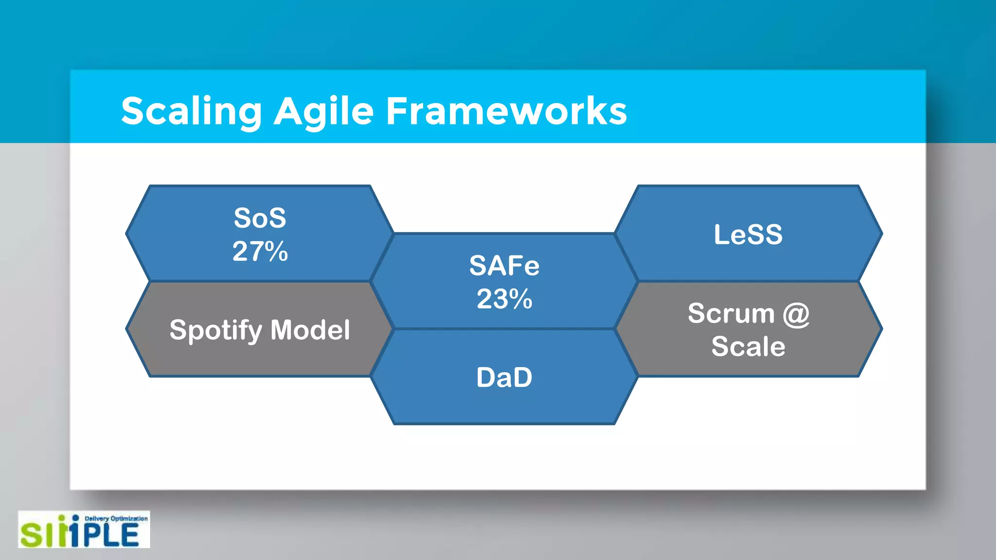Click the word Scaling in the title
point(191,111)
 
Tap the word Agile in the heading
point(323,111)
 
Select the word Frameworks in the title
point(506,111)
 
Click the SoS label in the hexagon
point(260,218)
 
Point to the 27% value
point(260,251)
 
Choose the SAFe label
point(504,266)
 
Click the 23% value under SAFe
point(504,299)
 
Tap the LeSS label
point(748,234)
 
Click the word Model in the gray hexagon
point(310,330)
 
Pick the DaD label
point(504,377)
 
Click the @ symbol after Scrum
point(796,314)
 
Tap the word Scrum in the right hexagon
point(731,314)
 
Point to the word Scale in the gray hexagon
point(748,347)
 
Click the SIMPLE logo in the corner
point(84,530)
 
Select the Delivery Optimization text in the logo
point(116,519)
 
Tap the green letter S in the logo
point(31,535)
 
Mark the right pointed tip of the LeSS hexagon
point(881,233)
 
